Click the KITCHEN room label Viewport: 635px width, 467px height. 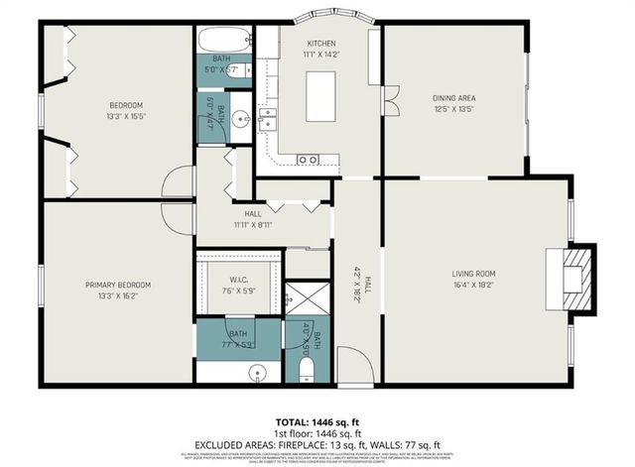tap(320, 44)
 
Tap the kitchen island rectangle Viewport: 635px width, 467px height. tap(320, 96)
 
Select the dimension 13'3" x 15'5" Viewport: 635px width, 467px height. tap(126, 117)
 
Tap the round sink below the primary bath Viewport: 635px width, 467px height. tap(259, 374)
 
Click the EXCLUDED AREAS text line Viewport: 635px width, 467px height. tap(317, 444)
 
